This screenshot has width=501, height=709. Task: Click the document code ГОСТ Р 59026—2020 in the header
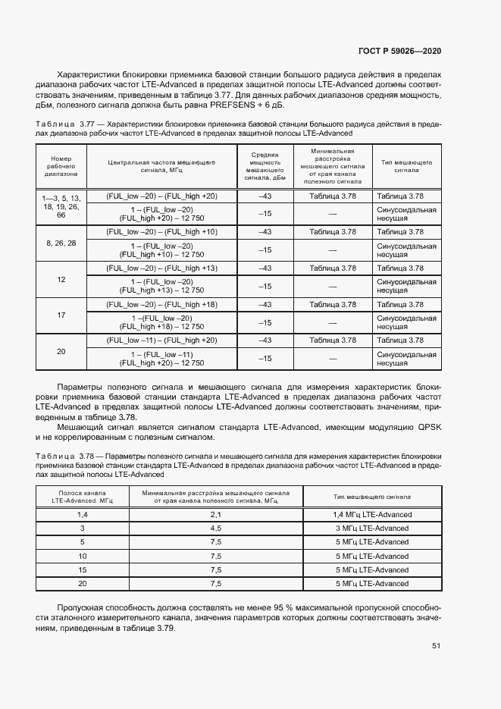[x=399, y=51]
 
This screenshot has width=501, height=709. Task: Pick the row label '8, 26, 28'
[x=61, y=243]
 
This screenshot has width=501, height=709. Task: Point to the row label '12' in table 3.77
[x=61, y=280]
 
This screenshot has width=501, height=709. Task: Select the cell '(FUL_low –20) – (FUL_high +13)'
[x=161, y=268]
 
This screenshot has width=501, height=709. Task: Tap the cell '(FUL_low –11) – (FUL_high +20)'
[x=161, y=340]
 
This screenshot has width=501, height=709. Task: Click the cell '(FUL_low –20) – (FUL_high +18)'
[x=161, y=305]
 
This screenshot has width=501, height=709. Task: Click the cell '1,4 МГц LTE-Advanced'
[x=373, y=515]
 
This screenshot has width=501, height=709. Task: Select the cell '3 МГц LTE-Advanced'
[x=373, y=529]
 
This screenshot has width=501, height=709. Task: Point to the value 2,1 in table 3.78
[x=215, y=515]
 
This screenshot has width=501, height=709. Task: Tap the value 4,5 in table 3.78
[x=215, y=529]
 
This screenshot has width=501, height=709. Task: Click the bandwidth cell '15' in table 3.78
[x=82, y=569]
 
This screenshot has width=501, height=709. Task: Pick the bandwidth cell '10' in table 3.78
[x=82, y=556]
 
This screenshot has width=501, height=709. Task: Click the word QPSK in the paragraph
[x=428, y=428]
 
